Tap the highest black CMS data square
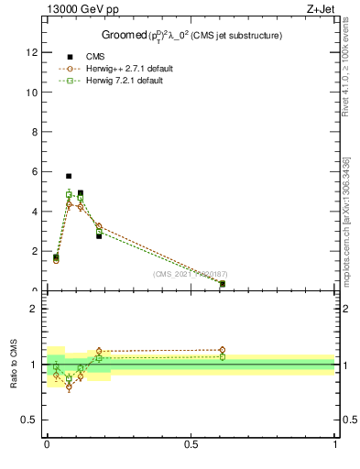pos(69,176)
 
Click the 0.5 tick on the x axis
pos(191,444)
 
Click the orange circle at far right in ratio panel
pos(222,350)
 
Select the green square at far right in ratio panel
pos(222,357)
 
